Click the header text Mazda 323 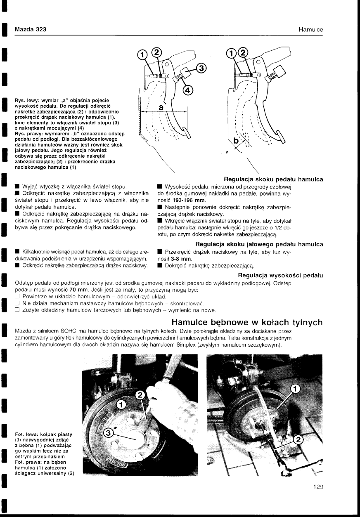[30, 29]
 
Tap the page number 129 [317, 487]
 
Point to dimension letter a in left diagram [161, 107]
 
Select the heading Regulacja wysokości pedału [280, 275]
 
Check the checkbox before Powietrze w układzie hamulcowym [17, 297]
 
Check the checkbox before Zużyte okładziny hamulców [17, 310]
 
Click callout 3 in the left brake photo [109, 433]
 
